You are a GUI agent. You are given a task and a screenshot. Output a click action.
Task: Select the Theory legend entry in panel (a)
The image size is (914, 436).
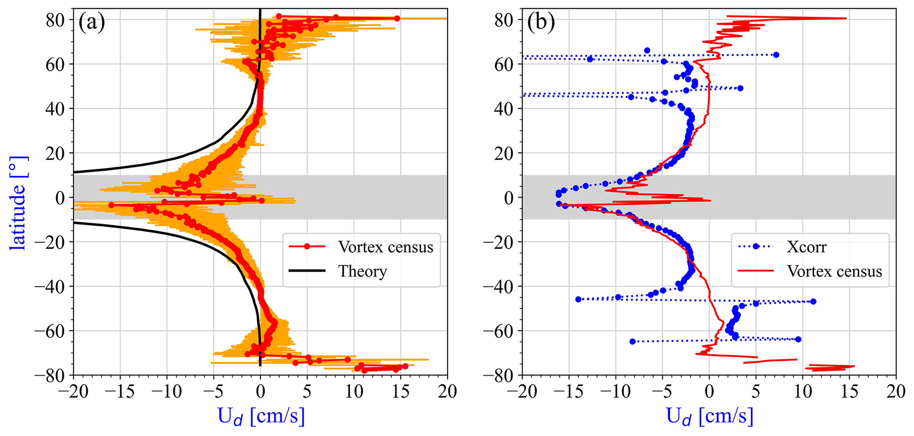[362, 271]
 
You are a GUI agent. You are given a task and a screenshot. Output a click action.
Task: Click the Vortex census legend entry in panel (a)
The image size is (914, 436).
[386, 247]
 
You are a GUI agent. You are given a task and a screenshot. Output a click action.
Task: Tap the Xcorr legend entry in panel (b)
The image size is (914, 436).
[806, 247]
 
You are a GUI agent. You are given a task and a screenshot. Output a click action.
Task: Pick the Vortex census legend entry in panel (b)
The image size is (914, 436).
[834, 271]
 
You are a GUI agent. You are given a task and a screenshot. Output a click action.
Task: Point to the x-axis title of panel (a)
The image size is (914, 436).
[261, 417]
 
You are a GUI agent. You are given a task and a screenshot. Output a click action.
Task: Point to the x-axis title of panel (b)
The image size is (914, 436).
[709, 417]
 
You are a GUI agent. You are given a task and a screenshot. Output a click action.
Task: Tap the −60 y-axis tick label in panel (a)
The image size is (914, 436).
[50, 331]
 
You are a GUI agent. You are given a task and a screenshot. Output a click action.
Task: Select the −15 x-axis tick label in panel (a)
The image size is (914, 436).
[120, 391]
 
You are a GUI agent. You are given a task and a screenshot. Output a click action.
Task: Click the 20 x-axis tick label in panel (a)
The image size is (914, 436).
[447, 391]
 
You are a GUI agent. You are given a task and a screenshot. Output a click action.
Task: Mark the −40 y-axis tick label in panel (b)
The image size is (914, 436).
[499, 286]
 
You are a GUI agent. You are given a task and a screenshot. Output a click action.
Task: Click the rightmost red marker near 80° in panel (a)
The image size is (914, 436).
[397, 19]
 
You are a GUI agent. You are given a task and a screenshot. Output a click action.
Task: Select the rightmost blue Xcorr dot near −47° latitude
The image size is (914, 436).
[813, 302]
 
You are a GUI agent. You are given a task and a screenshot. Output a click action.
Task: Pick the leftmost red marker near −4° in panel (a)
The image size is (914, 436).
[111, 205]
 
